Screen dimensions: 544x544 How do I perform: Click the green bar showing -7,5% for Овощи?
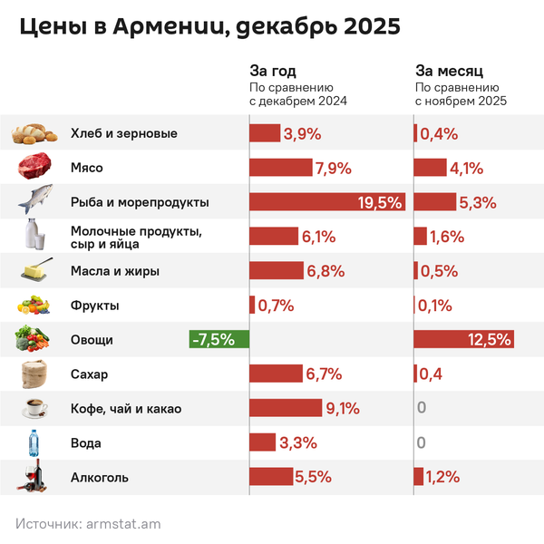213,340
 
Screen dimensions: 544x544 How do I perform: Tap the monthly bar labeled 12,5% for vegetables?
463,340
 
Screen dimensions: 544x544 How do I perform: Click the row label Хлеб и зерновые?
123,133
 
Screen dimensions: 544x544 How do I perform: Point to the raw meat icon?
35,168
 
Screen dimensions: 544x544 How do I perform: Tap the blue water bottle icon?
34,443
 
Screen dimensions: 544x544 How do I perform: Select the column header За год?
273,70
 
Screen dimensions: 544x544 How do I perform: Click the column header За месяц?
448,70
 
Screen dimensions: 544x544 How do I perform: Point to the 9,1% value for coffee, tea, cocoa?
344,409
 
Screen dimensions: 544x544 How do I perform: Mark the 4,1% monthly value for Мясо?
465,168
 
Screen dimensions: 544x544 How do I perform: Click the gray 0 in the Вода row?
421,443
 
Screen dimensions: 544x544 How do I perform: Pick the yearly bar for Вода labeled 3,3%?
262,443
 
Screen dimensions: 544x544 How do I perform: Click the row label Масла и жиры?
114,271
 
